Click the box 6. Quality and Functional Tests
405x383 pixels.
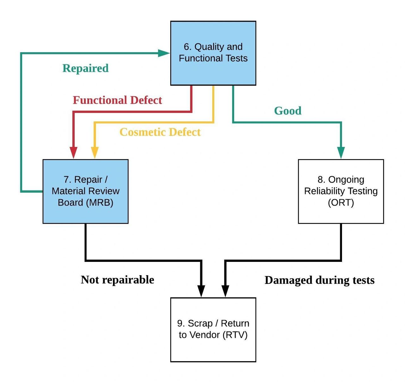coord(213,53)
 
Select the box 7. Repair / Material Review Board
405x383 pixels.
coord(85,191)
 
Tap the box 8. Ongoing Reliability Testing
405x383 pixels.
coord(341,191)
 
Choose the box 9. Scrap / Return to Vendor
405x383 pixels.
coord(213,329)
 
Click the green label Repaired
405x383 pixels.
coord(85,68)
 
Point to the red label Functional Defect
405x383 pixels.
coord(117,100)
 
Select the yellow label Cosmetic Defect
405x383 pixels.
coord(160,132)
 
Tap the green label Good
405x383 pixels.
coord(288,111)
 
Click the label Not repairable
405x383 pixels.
coord(117,280)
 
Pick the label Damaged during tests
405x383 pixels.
coord(320,280)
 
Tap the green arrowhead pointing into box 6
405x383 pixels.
coord(164,53)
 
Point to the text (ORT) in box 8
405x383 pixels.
coord(341,202)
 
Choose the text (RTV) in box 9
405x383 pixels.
coord(235,335)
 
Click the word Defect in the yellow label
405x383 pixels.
coord(185,132)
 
